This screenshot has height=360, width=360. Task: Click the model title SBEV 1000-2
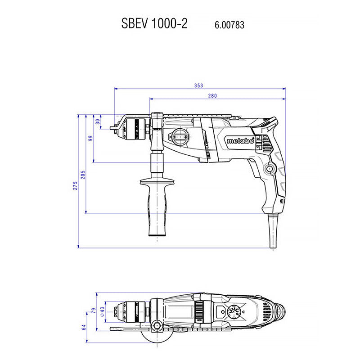click(154, 24)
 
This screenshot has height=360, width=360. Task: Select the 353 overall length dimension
click(199, 85)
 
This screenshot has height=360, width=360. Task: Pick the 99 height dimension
click(90, 138)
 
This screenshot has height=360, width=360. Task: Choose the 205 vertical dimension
click(82, 175)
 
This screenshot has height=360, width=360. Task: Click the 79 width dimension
click(94, 310)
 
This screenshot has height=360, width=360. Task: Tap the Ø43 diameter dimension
click(102, 310)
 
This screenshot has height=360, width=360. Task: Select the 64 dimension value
click(84, 327)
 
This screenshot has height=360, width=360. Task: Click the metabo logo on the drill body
click(240, 141)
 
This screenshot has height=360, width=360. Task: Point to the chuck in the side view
click(134, 128)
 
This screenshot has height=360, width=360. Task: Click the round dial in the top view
click(234, 312)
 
